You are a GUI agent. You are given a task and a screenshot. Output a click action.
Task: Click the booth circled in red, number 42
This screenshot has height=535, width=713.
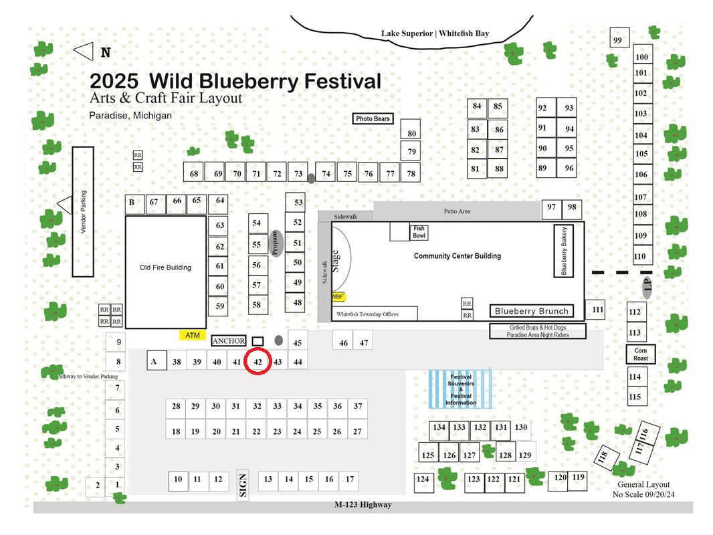[258, 362]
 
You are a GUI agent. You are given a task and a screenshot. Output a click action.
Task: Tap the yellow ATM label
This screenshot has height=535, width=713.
[193, 336]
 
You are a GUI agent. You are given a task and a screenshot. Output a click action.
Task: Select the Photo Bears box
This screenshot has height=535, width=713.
[373, 118]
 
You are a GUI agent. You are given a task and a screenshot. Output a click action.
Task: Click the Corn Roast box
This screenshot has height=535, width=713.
[641, 354]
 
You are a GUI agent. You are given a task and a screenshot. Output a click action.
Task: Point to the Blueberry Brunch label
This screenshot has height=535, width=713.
[532, 311]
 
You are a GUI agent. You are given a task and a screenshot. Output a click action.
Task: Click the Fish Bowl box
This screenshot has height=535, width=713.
[419, 232]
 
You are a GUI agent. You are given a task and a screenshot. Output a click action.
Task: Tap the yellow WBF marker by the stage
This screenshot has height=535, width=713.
[338, 297]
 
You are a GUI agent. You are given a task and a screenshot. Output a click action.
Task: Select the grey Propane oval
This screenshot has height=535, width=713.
[276, 243]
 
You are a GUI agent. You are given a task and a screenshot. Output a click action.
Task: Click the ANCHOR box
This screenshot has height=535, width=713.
[229, 341]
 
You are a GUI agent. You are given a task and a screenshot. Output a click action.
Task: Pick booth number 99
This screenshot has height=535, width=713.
[619, 37]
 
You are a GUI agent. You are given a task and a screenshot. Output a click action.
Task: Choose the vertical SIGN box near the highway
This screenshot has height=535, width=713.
[243, 485]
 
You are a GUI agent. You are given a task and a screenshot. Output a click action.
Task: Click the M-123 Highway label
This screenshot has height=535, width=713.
[363, 504]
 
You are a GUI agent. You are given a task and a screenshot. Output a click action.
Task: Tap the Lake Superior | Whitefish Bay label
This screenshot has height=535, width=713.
[435, 33]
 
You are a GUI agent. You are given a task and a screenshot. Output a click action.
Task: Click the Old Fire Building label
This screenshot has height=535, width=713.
[165, 267]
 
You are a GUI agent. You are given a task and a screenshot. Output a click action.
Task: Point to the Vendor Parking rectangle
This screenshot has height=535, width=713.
[83, 212]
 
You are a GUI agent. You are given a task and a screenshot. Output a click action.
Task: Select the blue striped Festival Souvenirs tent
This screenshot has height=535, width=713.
[460, 389]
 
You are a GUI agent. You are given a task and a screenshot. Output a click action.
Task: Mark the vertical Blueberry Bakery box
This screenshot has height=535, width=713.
[563, 251]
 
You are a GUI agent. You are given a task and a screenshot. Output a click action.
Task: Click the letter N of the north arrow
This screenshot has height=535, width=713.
[106, 53]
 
